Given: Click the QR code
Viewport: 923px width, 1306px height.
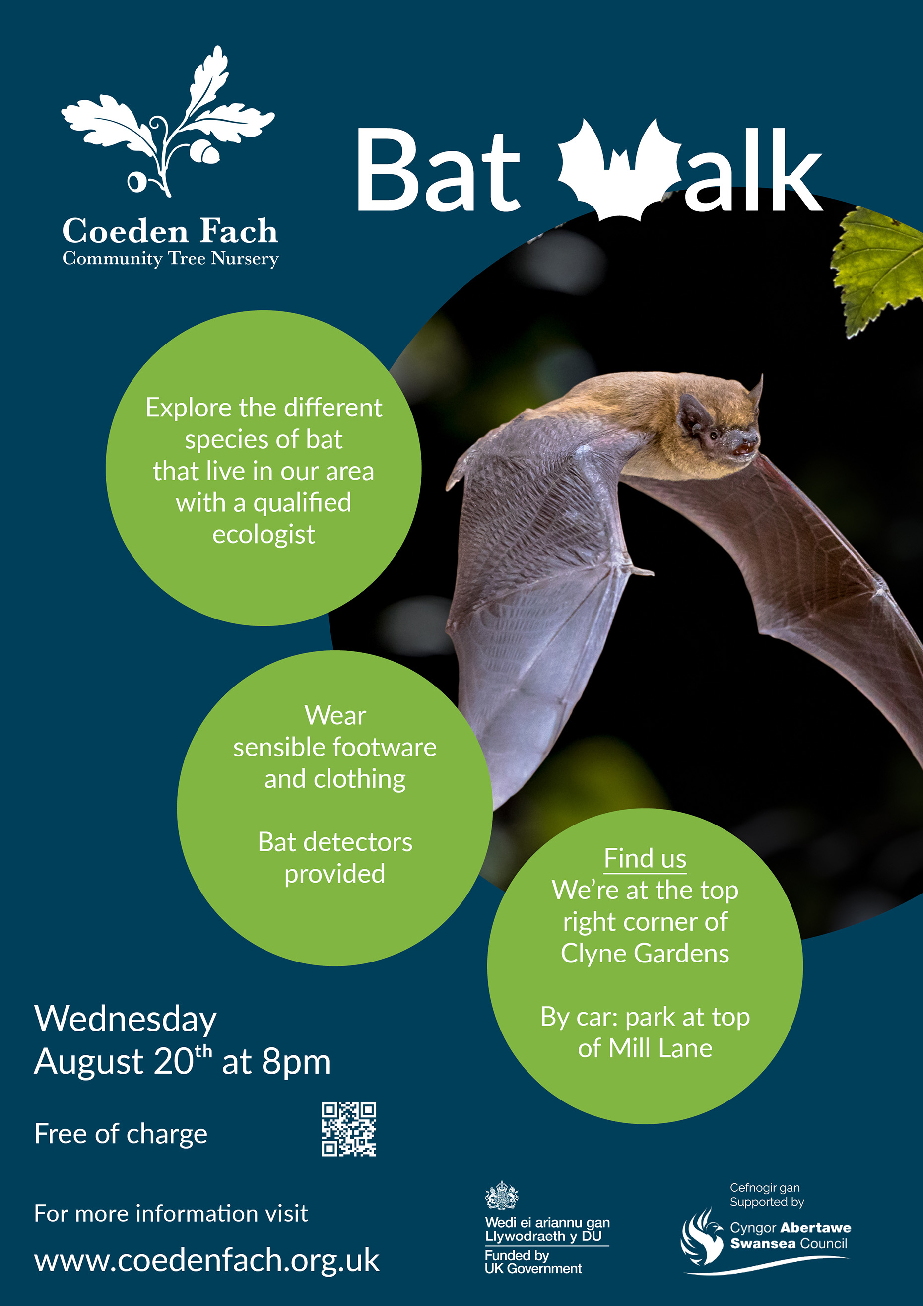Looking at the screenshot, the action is [349, 1129].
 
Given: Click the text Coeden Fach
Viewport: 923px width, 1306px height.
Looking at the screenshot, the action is [170, 231].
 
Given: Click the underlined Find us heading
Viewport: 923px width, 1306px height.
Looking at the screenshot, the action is [645, 858].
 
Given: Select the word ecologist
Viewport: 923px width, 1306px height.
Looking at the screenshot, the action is [264, 534].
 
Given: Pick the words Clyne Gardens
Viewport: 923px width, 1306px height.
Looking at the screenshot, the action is [645, 954].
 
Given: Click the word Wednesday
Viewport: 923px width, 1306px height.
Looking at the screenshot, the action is [126, 1019].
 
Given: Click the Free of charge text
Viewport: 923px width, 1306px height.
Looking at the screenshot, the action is [121, 1134].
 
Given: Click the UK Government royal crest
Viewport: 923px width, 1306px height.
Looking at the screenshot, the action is [501, 1195].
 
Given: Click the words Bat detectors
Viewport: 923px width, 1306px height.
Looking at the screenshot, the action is [335, 842].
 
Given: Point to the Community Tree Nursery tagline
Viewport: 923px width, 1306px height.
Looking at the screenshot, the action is [171, 259].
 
